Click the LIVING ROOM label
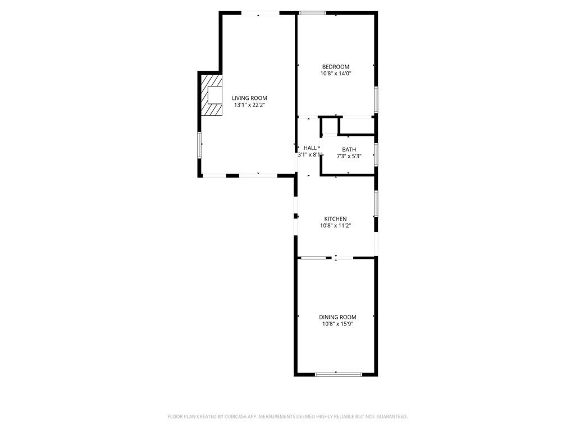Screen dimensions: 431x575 click(x=249, y=98)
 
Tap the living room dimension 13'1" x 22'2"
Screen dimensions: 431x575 click(x=249, y=105)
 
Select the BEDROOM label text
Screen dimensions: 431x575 click(x=335, y=67)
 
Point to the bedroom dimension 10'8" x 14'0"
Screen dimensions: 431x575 click(x=335, y=74)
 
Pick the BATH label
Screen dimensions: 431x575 click(x=349, y=149)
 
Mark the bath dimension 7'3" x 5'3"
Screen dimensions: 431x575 click(x=349, y=156)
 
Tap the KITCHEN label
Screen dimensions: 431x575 click(x=335, y=219)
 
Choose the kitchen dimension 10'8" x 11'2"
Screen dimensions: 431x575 click(x=335, y=226)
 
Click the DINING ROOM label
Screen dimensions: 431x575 click(x=337, y=317)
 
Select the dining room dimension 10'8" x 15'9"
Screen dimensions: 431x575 click(x=337, y=324)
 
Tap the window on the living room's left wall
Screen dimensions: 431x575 click(x=199, y=145)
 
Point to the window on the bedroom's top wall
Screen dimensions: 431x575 click(x=313, y=12)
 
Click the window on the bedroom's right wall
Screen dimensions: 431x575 click(x=376, y=99)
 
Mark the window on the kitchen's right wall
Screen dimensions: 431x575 click(x=376, y=203)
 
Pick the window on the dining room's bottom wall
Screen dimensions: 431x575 click(x=335, y=374)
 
